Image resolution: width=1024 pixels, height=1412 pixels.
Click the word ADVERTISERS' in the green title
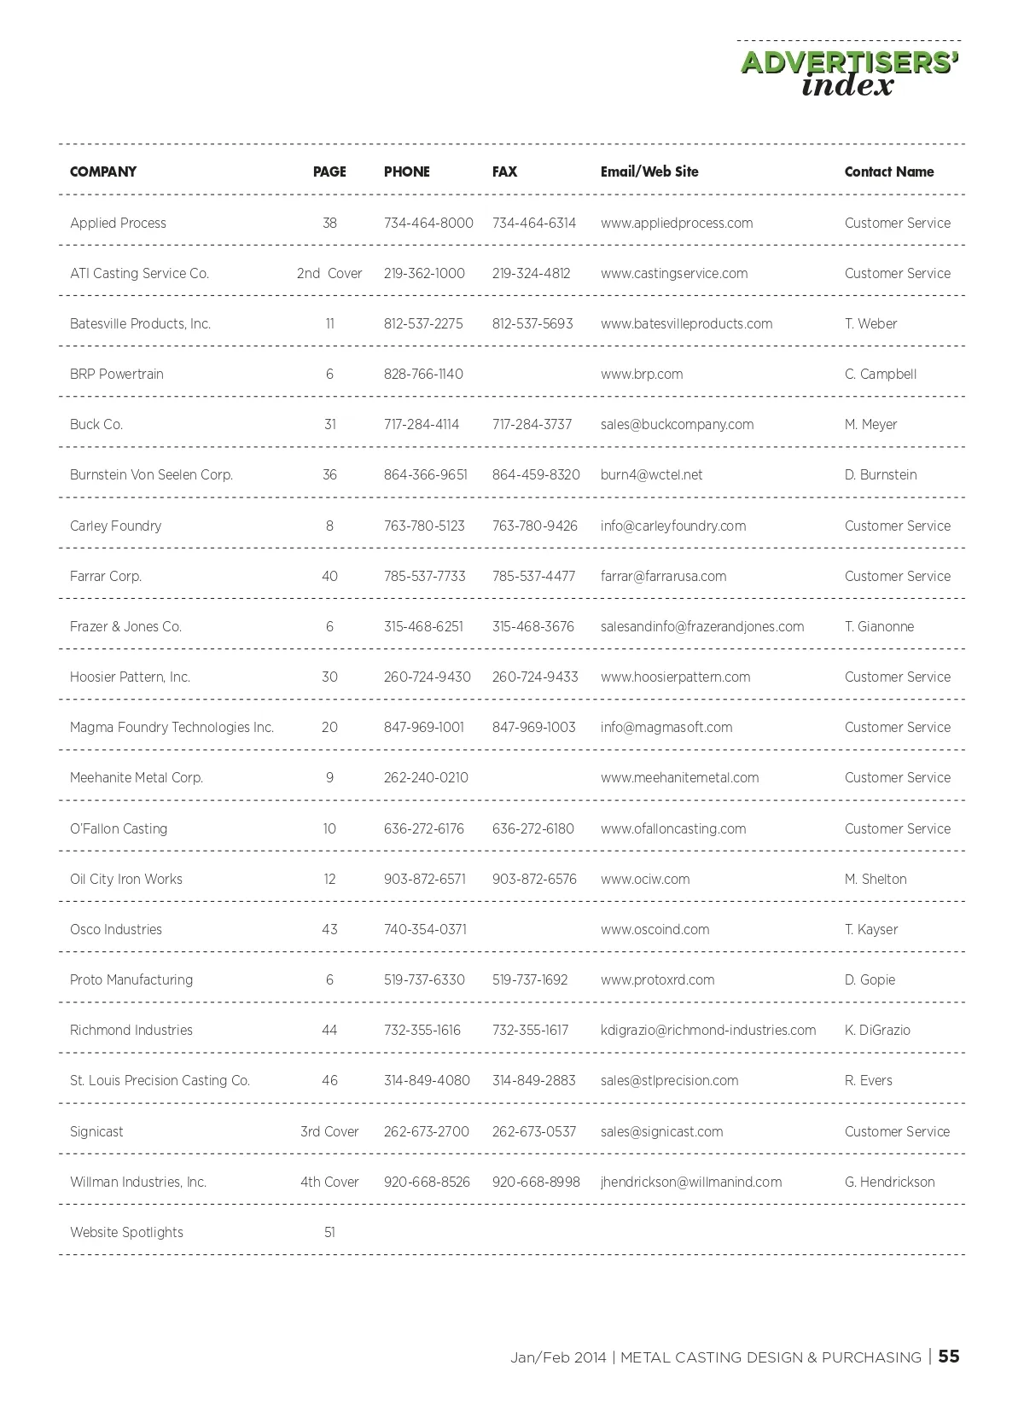850,63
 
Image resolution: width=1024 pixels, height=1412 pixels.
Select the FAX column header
504,171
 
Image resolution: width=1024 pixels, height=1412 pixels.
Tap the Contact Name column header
888,171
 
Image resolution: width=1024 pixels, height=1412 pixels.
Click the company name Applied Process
118,223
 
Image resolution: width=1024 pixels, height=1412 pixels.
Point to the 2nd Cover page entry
329,273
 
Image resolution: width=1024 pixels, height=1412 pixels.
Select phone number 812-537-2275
423,323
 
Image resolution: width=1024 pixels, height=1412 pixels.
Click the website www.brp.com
641,374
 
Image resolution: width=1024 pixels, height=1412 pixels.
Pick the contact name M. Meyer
870,424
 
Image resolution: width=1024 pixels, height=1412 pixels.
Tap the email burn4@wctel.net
651,474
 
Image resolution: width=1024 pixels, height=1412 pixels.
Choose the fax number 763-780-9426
534,526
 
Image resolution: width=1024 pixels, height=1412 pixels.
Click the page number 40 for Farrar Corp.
329,576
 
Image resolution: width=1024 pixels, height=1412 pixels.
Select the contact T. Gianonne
879,626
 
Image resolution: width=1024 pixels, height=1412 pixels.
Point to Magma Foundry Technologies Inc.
172,727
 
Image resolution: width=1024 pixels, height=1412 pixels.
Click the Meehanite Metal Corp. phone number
426,777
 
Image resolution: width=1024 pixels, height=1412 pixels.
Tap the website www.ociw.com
644,879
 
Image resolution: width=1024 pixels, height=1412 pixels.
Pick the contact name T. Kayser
870,929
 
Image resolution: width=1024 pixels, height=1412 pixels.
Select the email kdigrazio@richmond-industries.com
707,1030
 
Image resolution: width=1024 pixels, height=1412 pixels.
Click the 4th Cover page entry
329,1182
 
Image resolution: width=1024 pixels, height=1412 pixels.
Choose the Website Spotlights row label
126,1232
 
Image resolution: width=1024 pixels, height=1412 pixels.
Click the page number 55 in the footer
949,1357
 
